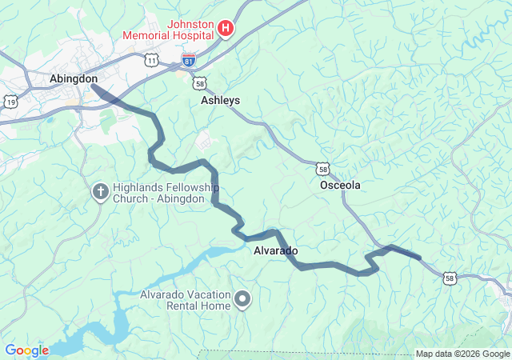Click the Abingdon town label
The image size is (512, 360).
(74, 78)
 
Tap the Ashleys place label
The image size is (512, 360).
(220, 101)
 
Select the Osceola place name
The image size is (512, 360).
(340, 185)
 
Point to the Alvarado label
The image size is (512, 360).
(275, 251)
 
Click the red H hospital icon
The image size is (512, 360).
(226, 30)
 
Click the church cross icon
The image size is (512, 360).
(100, 190)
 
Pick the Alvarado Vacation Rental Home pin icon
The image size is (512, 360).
(242, 300)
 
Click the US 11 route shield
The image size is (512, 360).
(151, 60)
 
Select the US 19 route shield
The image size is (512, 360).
(10, 102)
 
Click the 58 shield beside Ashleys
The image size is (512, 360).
(200, 82)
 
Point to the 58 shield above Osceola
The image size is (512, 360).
(322, 168)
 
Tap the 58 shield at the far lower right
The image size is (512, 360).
(450, 278)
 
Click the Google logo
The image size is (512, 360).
(26, 350)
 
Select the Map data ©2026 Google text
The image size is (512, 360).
(462, 354)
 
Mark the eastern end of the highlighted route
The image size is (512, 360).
(418, 258)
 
